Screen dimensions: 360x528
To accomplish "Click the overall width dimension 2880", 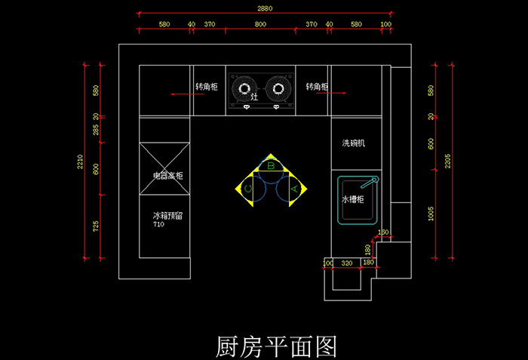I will pos(263,8).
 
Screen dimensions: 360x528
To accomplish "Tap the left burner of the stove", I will pos(244,89).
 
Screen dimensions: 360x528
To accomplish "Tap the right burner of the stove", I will pos(278,89).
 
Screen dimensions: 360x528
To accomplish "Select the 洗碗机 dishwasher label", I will pos(354,143).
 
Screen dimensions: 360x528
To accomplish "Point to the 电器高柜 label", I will pos(167,176).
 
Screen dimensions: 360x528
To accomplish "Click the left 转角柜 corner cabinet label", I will pos(207,88).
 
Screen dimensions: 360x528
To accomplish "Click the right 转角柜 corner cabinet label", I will pos(317,88).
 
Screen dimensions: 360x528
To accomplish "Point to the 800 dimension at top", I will pos(260,24).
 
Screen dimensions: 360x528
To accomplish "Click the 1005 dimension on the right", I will pos(431,214).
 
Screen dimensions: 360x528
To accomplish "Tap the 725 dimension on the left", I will pos(96,226).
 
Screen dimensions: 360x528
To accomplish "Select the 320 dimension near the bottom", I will pos(347,263).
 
